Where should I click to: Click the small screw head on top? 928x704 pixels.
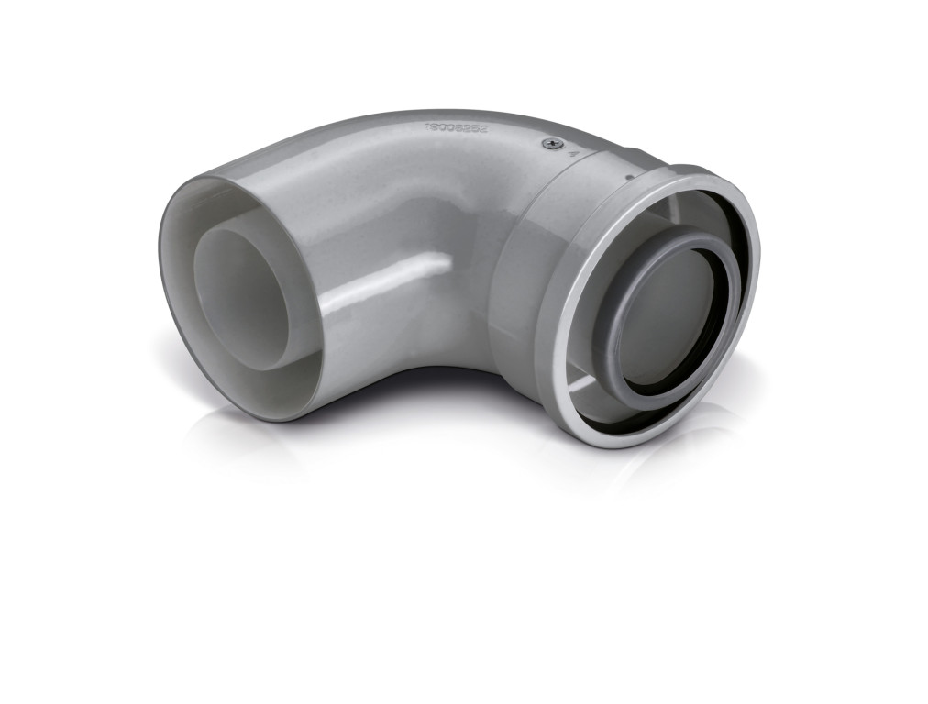pos(549,142)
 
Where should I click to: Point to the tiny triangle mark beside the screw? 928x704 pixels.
pos(573,154)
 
